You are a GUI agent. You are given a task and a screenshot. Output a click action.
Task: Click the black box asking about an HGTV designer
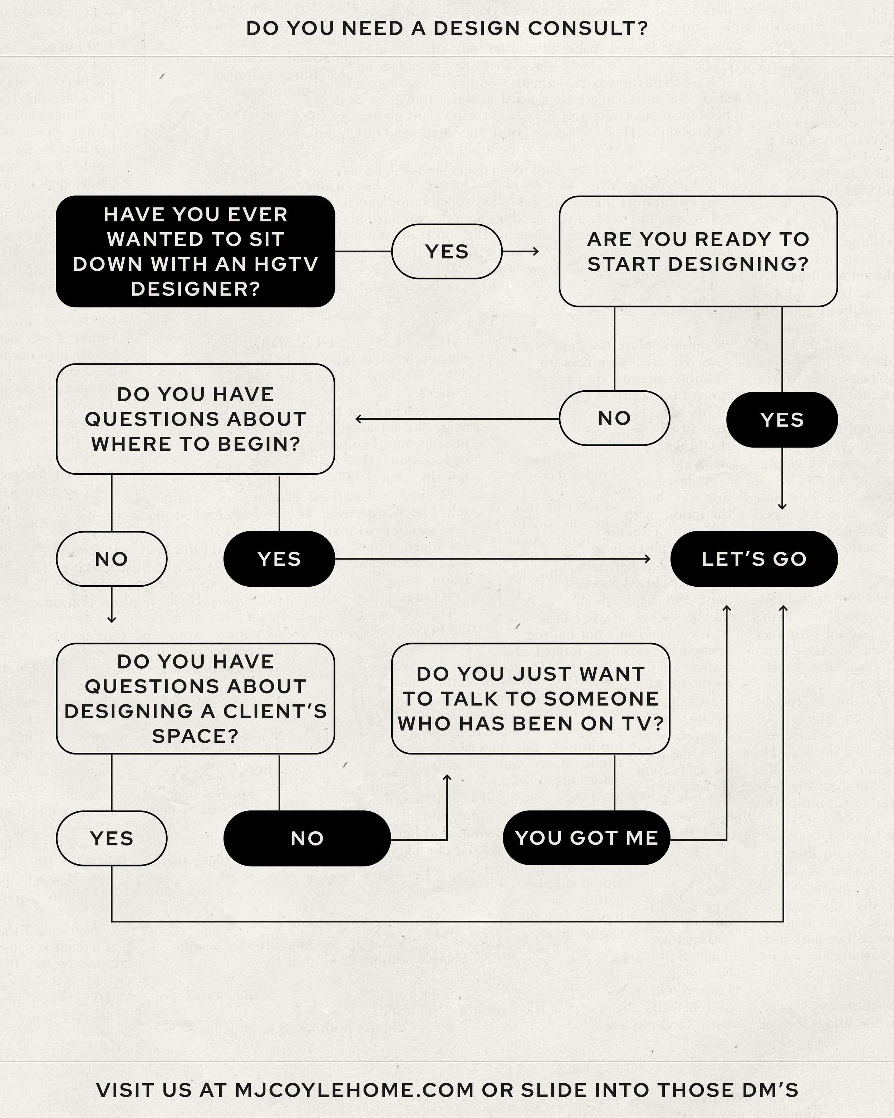point(195,252)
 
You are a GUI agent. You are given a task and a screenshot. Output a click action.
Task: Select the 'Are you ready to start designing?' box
point(698,252)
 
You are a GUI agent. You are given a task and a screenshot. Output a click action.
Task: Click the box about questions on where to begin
point(195,419)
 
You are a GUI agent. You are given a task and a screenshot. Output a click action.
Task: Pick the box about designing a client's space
point(195,698)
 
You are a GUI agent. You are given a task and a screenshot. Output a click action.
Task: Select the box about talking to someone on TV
point(530,698)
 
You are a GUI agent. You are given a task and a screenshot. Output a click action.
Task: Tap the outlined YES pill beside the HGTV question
point(447,252)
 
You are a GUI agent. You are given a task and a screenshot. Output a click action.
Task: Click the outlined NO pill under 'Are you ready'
point(614,418)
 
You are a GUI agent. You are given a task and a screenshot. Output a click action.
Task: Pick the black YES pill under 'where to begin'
point(279,559)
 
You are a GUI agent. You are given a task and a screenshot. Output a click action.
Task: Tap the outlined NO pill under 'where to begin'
point(112,559)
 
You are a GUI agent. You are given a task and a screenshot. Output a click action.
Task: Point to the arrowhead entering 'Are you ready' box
point(535,252)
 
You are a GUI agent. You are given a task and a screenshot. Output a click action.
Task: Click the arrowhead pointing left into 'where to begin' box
point(359,419)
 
